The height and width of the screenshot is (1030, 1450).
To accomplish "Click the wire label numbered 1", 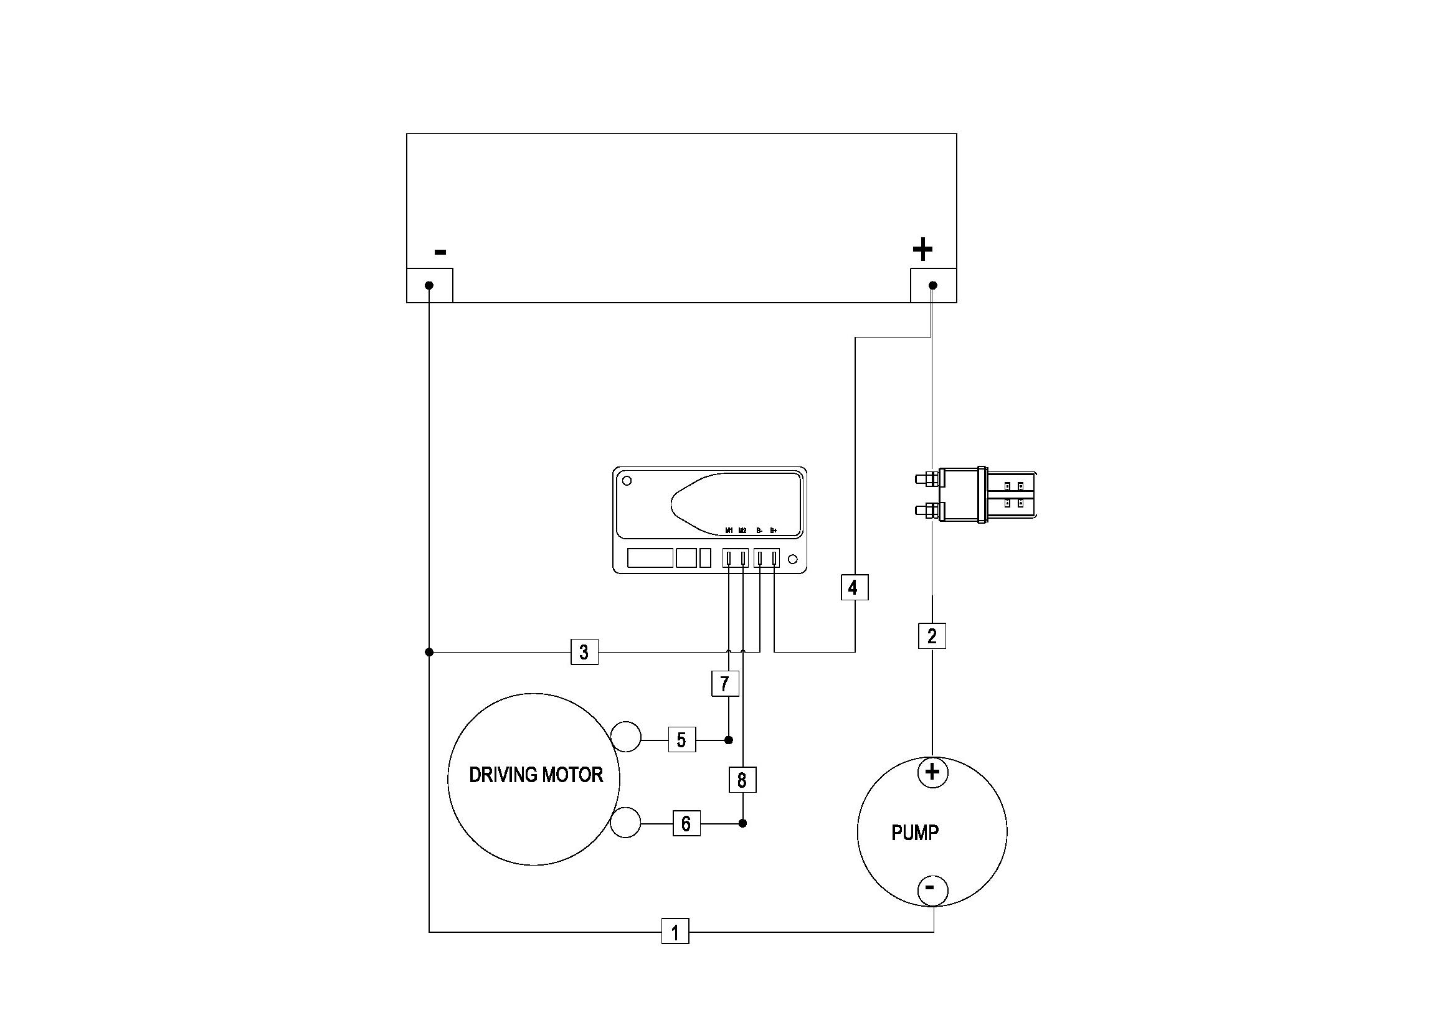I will coord(675,932).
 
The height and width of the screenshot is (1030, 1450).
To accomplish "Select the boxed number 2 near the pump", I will coord(932,636).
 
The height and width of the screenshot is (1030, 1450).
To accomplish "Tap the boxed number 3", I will coord(584,651).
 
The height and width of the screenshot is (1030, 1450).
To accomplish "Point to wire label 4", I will coord(854,587).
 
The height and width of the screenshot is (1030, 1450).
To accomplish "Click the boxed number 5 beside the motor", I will coord(682,740).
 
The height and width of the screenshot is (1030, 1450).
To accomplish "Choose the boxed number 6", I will coord(686,823).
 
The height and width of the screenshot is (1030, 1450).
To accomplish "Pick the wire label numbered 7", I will coord(725,684).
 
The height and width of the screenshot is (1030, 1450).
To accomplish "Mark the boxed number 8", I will coord(742,780).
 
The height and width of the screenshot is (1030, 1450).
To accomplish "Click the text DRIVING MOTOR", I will coord(536,775).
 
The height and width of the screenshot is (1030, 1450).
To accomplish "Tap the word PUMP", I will coord(914,833).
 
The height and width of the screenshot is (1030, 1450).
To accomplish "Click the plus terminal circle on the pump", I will coord(932,772).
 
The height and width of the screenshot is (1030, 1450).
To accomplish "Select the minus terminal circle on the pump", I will coord(932,889).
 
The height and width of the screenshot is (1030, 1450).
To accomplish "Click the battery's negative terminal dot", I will coord(429,285).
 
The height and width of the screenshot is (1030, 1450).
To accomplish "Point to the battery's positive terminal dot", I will coord(933,285).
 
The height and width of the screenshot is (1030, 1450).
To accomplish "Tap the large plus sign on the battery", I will coord(922,249).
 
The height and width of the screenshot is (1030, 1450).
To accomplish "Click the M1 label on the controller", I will coord(729,530).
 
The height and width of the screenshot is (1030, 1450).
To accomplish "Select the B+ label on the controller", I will coord(773,530).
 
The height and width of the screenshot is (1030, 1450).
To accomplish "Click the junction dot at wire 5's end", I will coord(729,740).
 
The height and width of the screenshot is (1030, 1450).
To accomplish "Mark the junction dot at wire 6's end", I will coord(744,823).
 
